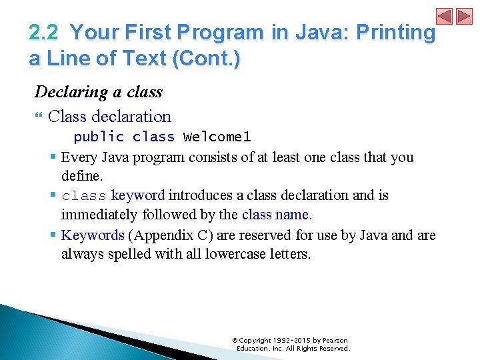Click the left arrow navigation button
445,16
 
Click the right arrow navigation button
463,16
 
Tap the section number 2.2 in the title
43,33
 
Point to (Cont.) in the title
206,59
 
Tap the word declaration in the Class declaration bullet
131,117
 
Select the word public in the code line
99,137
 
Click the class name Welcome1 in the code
217,137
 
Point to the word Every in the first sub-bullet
77,157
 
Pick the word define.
82,176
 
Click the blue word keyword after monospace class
138,195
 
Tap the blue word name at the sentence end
295,215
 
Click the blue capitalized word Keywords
93,235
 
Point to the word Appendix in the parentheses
159,235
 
